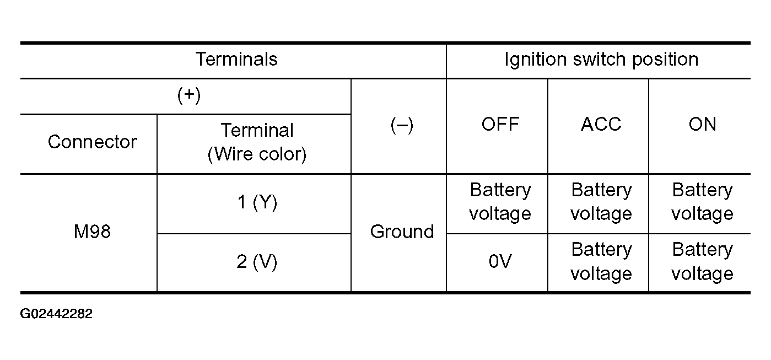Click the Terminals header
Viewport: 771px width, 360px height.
click(x=236, y=59)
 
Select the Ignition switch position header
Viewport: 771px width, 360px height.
click(x=601, y=60)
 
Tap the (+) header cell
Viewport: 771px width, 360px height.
click(x=189, y=95)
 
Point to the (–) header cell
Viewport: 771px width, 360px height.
click(x=402, y=125)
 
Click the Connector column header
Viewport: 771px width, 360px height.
click(x=92, y=142)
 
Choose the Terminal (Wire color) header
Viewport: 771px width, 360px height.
click(x=257, y=142)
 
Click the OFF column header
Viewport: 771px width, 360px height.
click(x=500, y=124)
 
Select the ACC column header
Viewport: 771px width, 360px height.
click(x=601, y=124)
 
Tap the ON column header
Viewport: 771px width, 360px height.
click(x=702, y=124)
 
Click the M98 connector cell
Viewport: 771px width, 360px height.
click(x=92, y=232)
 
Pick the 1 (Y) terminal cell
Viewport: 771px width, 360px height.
click(x=257, y=202)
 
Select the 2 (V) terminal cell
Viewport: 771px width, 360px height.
click(x=257, y=262)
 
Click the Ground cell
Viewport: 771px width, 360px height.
click(x=402, y=232)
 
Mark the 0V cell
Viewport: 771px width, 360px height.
click(x=500, y=261)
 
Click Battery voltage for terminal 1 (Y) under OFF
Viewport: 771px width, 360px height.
click(x=500, y=202)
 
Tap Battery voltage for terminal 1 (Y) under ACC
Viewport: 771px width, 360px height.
click(x=601, y=202)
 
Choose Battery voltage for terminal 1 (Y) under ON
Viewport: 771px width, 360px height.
click(x=702, y=202)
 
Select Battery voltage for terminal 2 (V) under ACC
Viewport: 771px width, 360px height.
click(x=601, y=261)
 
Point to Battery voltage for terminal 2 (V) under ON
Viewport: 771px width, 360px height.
click(x=702, y=261)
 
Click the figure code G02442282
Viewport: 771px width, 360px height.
click(x=56, y=314)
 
